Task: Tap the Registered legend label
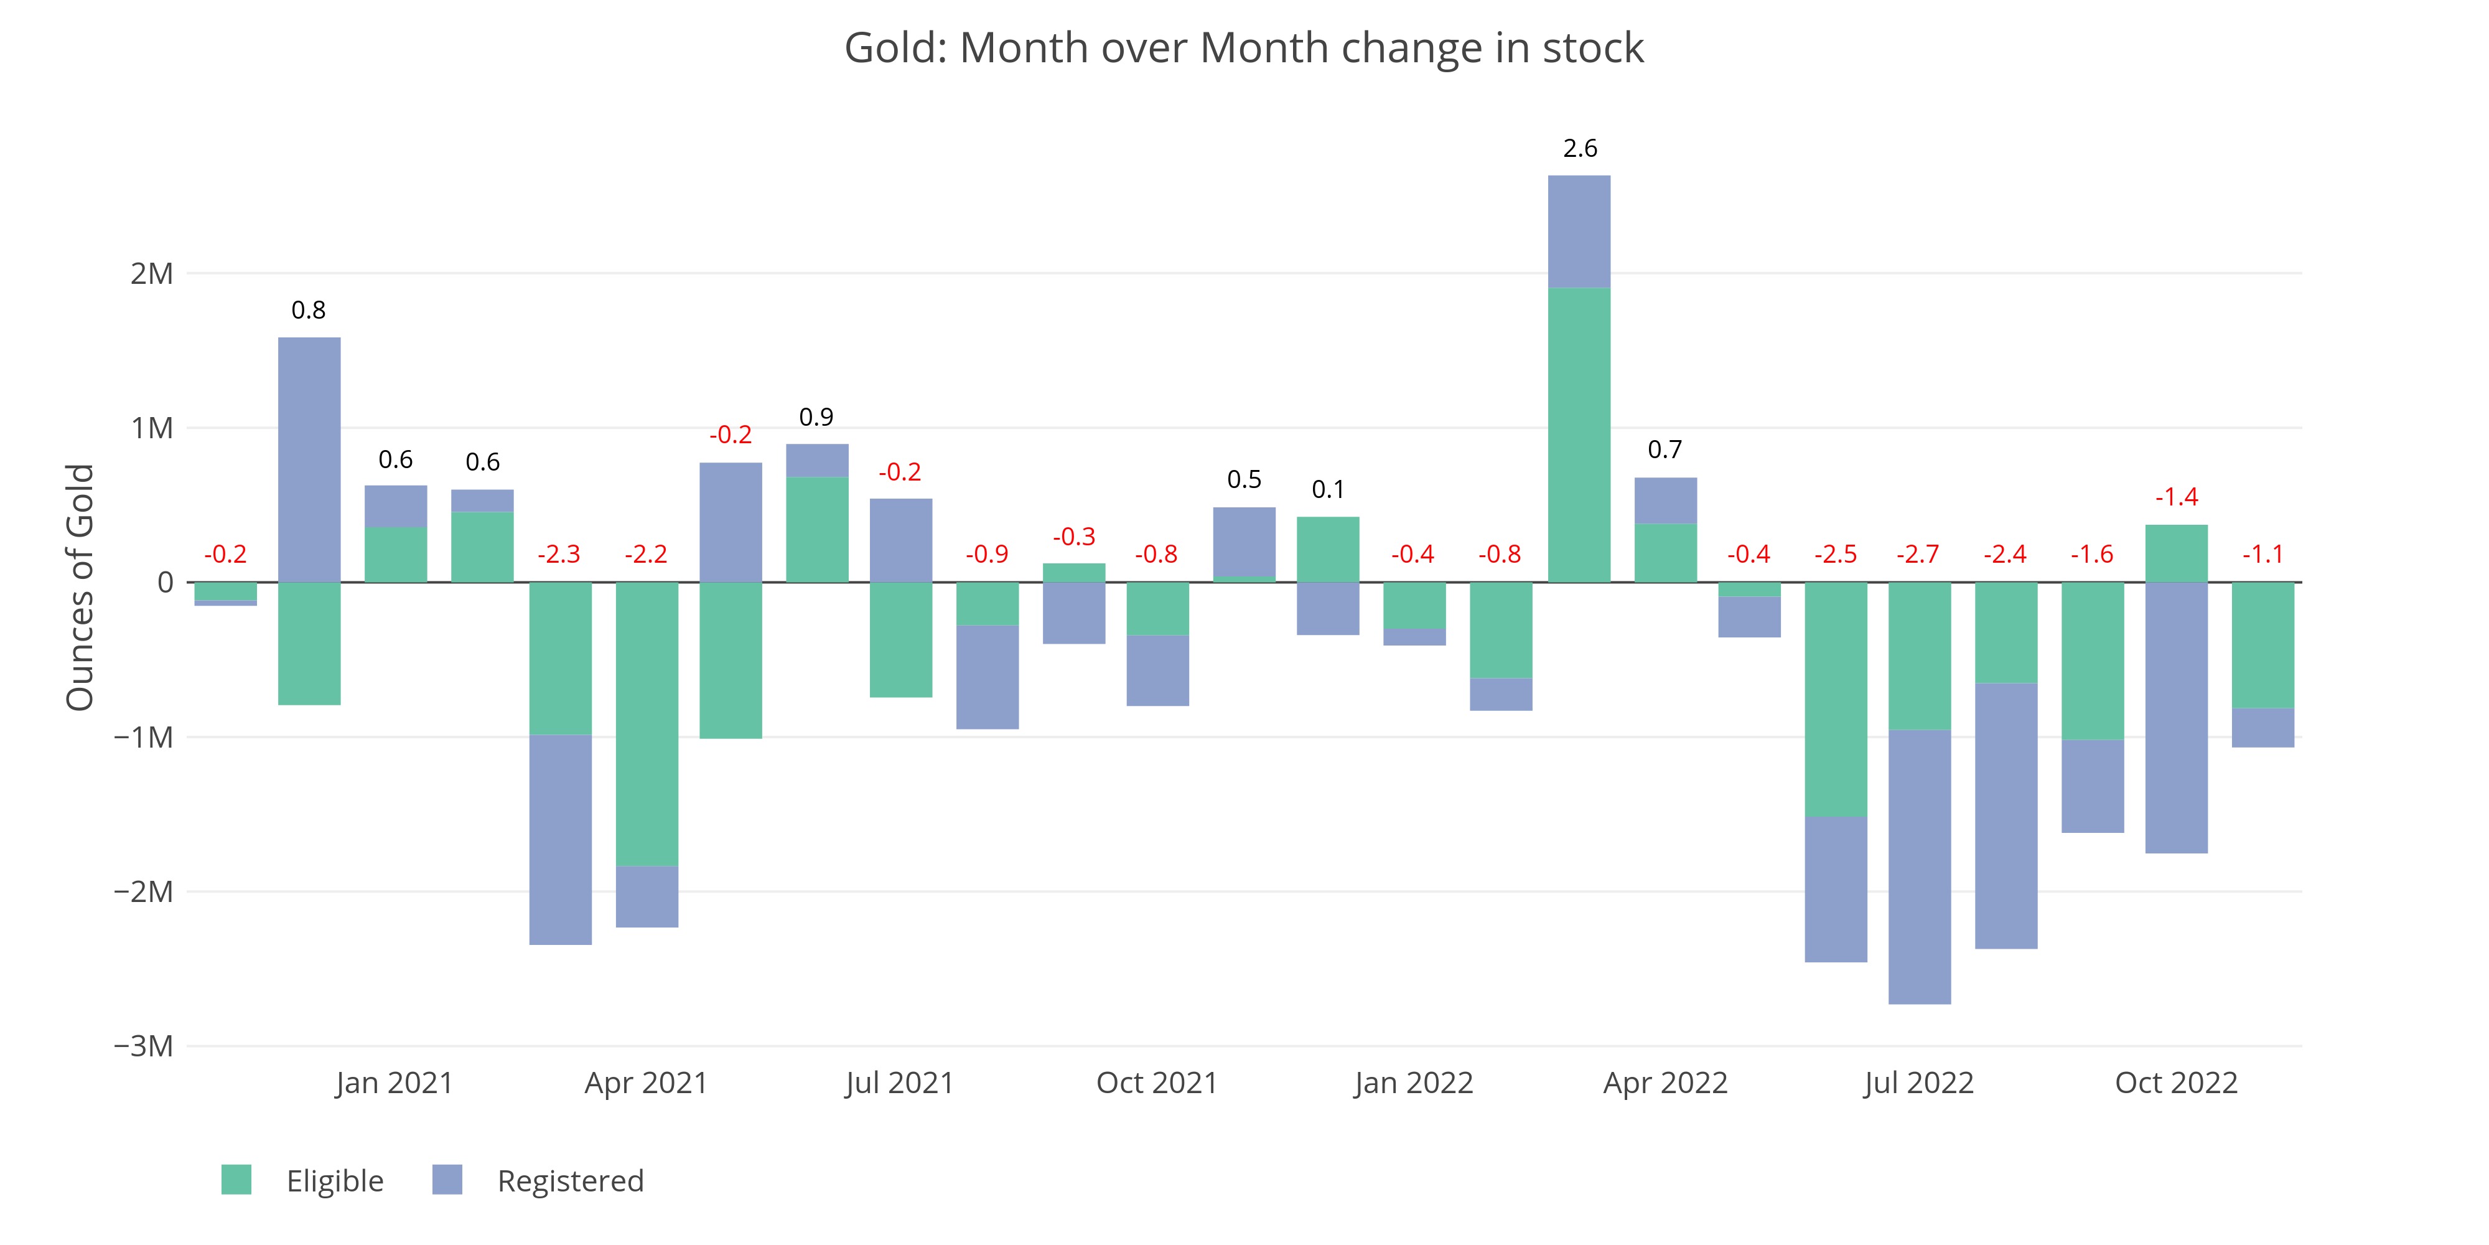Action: tap(570, 1180)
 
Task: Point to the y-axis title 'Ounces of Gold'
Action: tap(80, 587)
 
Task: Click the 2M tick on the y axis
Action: tap(152, 273)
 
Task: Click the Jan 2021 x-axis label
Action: tap(395, 1083)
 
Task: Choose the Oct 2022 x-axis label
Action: tap(2176, 1083)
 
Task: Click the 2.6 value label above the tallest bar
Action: tap(1580, 148)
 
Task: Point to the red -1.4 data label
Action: tap(2176, 497)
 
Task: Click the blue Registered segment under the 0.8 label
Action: tap(309, 459)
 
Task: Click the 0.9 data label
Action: tap(816, 416)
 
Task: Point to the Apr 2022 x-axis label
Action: tap(1665, 1083)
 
